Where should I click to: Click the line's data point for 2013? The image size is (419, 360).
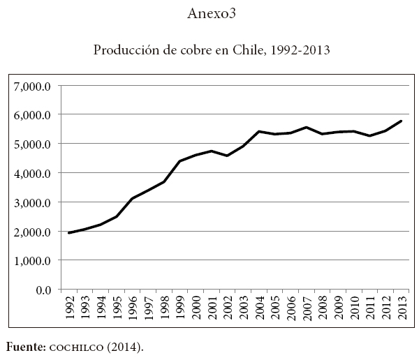(401, 121)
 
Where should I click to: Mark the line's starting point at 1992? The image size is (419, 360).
(69, 233)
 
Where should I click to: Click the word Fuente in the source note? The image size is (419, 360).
(22, 345)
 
